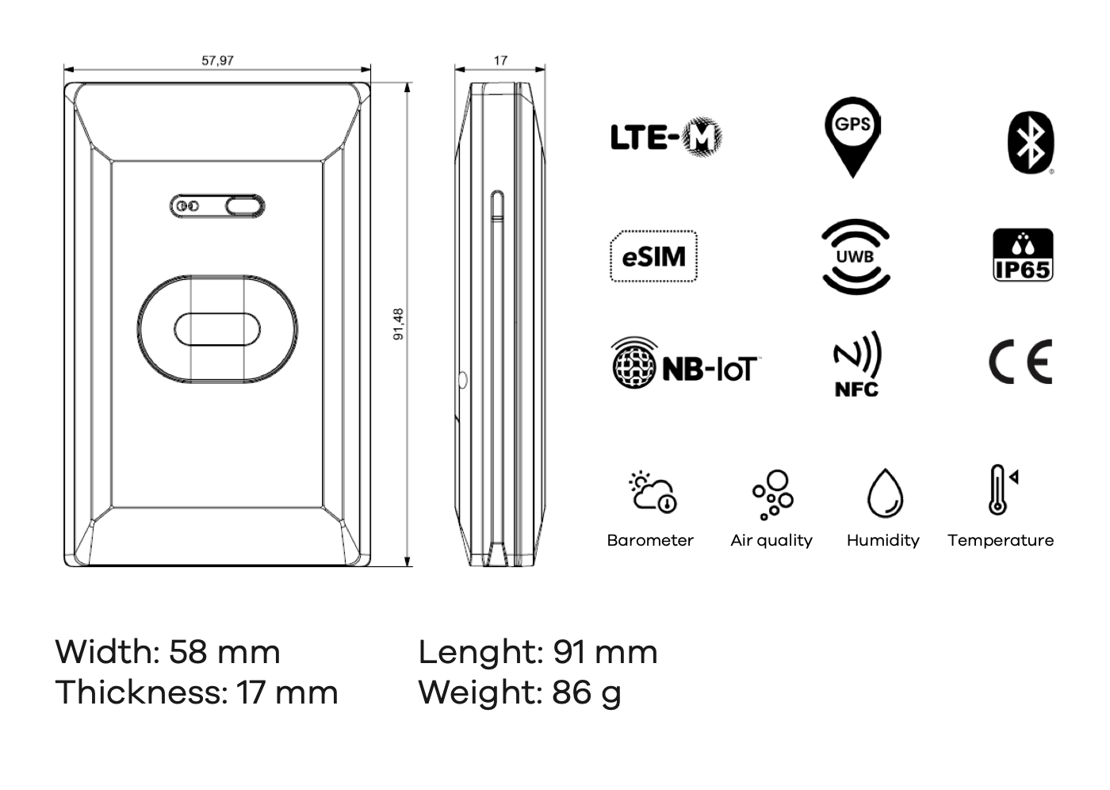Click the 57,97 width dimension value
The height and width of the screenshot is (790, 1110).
(x=217, y=60)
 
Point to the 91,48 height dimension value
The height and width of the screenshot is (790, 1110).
(x=399, y=324)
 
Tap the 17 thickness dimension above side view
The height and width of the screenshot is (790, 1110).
(x=500, y=60)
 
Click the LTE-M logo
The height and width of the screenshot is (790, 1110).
(x=666, y=137)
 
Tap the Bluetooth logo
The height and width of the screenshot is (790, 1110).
(x=1030, y=143)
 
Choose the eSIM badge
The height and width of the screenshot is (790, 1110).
(x=653, y=256)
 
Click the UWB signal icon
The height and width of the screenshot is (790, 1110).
(x=855, y=256)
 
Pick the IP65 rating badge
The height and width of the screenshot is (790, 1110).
(x=1023, y=255)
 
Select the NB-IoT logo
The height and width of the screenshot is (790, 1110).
(x=683, y=364)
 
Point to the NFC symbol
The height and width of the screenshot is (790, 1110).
(x=856, y=364)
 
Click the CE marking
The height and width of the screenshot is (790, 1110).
(x=1020, y=362)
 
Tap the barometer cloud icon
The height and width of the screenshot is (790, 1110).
(x=653, y=493)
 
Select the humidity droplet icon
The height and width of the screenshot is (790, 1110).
(x=885, y=493)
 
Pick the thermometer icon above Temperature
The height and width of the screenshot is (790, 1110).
(x=1001, y=490)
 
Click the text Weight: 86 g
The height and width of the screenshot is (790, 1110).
(x=519, y=692)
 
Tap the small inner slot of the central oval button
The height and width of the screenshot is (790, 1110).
(x=217, y=329)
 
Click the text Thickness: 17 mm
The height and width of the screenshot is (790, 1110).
(x=197, y=692)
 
